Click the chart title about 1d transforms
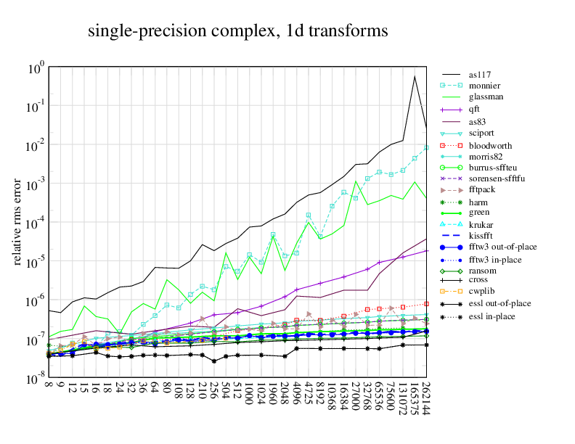[237, 31]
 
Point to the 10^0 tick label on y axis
[36, 69]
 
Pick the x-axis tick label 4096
[297, 400]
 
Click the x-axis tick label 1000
[250, 400]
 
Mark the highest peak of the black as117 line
[415, 76]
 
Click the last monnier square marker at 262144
[426, 147]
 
